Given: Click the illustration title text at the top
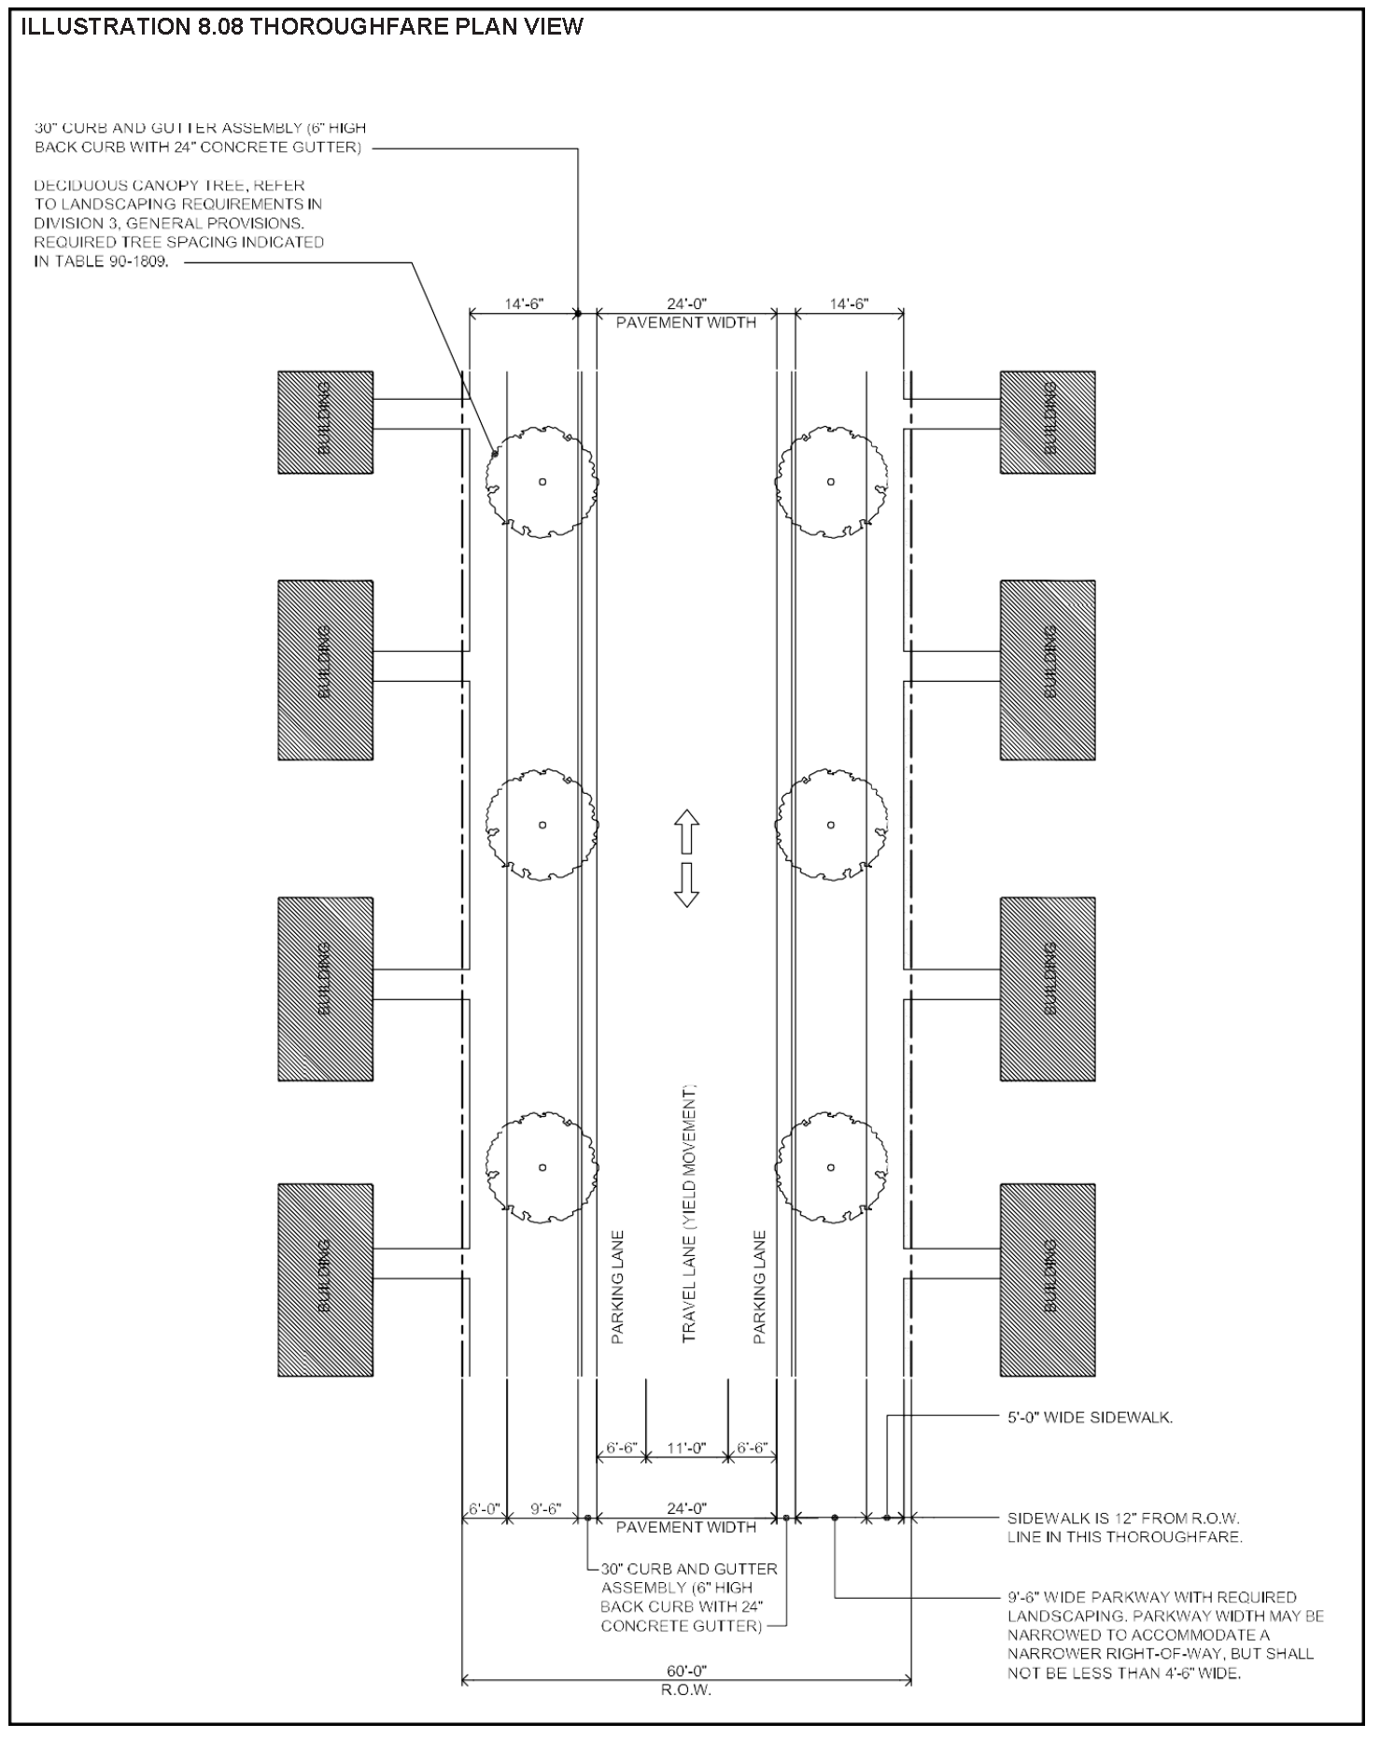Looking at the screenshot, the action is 302,27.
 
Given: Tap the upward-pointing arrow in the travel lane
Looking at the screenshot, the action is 687,832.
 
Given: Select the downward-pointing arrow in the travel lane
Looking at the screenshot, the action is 687,885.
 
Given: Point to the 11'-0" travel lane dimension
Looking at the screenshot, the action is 686,1448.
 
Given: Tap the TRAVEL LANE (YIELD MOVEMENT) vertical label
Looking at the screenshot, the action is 689,1214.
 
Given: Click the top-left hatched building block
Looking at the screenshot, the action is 326,422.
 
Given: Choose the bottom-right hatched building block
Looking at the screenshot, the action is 1048,1279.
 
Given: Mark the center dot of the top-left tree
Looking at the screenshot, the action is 542,482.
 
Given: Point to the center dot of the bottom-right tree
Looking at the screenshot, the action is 831,1166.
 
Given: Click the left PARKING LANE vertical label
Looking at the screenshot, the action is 617,1287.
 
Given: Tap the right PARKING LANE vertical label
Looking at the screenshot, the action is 759,1287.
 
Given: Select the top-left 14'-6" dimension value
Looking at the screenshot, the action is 524,304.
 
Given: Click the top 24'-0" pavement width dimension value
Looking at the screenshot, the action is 686,304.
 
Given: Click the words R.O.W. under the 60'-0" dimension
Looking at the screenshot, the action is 686,1690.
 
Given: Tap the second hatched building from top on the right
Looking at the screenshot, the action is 1048,670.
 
